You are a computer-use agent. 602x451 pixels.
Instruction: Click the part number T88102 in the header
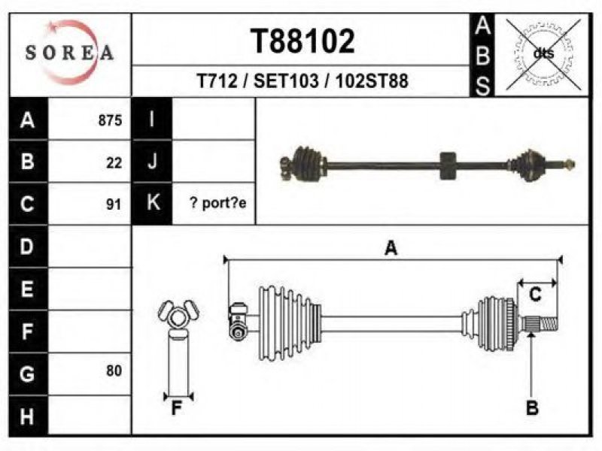[303, 41]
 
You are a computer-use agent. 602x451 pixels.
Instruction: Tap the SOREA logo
[69, 53]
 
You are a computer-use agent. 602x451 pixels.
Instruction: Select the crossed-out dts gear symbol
[543, 54]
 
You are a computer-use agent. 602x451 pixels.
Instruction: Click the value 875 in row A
[110, 120]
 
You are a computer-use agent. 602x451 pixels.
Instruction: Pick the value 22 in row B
[114, 163]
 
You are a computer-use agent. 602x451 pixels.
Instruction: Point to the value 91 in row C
[114, 204]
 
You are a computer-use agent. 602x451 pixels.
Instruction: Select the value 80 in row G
[114, 371]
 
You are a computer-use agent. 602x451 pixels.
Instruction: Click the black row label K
[152, 203]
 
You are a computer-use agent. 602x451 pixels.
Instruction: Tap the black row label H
[28, 416]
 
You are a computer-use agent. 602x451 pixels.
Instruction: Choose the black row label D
[28, 247]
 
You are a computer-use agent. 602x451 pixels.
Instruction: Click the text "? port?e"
[217, 203]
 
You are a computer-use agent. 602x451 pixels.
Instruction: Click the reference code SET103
[286, 81]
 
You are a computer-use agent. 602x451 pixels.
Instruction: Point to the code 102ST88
[372, 81]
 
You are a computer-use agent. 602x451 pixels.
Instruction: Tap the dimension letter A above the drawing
[391, 248]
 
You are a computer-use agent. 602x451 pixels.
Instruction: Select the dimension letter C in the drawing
[535, 295]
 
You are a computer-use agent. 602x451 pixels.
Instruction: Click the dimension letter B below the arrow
[532, 407]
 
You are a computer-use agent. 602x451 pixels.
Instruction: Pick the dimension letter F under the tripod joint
[177, 408]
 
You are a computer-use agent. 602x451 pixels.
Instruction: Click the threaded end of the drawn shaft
[549, 323]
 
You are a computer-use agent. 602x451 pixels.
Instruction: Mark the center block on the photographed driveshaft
[448, 166]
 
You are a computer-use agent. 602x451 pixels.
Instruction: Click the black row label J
[152, 162]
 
